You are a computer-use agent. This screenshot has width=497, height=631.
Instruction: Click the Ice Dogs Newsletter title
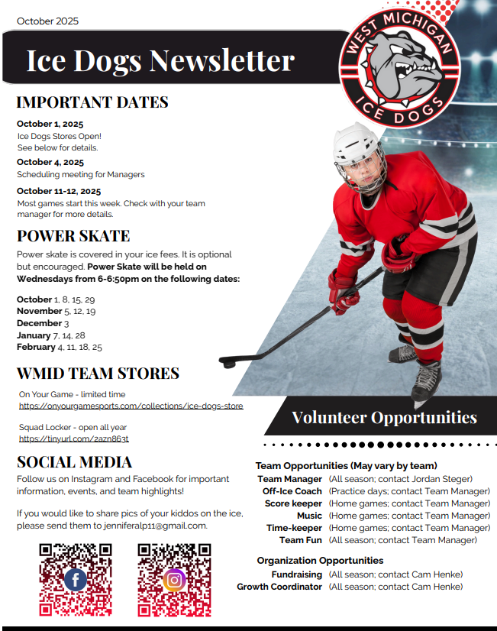tap(160, 60)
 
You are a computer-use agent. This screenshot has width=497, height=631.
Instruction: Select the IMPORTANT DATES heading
tap(92, 102)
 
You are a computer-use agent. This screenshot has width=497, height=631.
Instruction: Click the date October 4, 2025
tap(50, 162)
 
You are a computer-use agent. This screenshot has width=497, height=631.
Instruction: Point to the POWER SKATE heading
tap(73, 235)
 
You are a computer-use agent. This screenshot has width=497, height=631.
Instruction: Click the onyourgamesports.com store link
tap(131, 406)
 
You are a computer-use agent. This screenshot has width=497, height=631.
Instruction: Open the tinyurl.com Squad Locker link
tap(74, 438)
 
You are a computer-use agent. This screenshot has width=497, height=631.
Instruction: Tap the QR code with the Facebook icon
tap(76, 579)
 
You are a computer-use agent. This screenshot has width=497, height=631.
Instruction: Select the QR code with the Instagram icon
tap(174, 579)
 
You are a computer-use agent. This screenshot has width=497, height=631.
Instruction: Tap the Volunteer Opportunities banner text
tap(384, 417)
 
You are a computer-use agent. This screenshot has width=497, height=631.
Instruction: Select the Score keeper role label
tap(293, 503)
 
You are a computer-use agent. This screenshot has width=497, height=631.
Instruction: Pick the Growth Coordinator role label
tap(279, 587)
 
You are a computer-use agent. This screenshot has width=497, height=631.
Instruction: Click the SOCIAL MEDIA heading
tap(74, 461)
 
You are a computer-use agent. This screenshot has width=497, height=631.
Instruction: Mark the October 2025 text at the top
tap(47, 21)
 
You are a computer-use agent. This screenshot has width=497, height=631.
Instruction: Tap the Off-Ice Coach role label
tap(292, 491)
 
